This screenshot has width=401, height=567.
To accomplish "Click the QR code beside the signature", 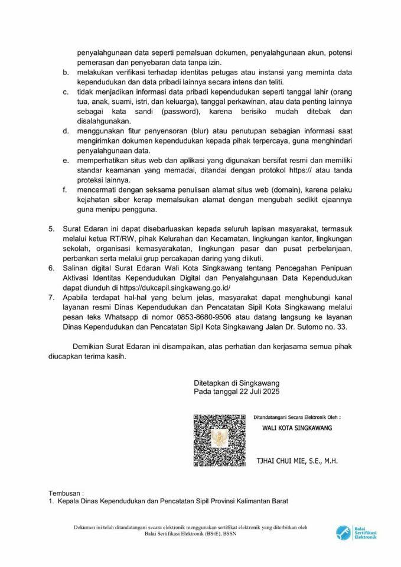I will tap(220, 440).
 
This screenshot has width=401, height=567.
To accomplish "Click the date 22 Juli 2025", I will tap(258, 392).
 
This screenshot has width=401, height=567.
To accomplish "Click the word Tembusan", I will tap(66, 491).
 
